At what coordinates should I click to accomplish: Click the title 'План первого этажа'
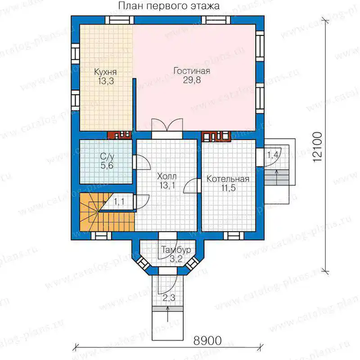[169, 6]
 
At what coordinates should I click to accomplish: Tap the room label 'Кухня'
[106, 72]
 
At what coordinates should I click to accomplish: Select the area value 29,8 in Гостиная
[192, 80]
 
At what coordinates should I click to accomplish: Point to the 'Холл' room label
[167, 176]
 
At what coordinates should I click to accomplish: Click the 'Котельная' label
[228, 179]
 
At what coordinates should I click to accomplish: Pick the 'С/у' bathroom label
[107, 157]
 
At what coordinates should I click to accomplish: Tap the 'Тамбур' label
[176, 250]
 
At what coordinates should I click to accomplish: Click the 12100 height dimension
[318, 147]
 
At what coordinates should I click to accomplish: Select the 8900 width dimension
[208, 341]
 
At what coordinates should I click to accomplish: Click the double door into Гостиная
[167, 125]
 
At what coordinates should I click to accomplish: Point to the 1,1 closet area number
[119, 202]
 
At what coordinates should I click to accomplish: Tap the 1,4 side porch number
[273, 155]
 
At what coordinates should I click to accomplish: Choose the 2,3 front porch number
[169, 298]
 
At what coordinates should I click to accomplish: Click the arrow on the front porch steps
[168, 315]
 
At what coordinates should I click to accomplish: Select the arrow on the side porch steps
[277, 177]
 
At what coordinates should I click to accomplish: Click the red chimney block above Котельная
[216, 136]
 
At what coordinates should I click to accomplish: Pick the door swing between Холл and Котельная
[190, 185]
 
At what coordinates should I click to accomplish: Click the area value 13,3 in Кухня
[106, 81]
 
